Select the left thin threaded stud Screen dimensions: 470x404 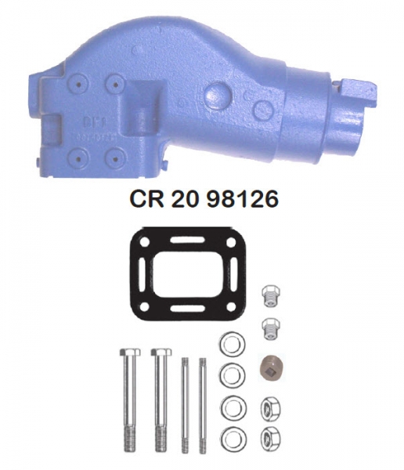coord(184,403)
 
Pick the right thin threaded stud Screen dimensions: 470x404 coord(202,403)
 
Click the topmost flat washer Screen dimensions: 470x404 coord(231,345)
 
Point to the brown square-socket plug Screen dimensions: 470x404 coord(269,366)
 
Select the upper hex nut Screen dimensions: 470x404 coord(269,407)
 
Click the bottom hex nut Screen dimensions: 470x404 coord(269,436)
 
